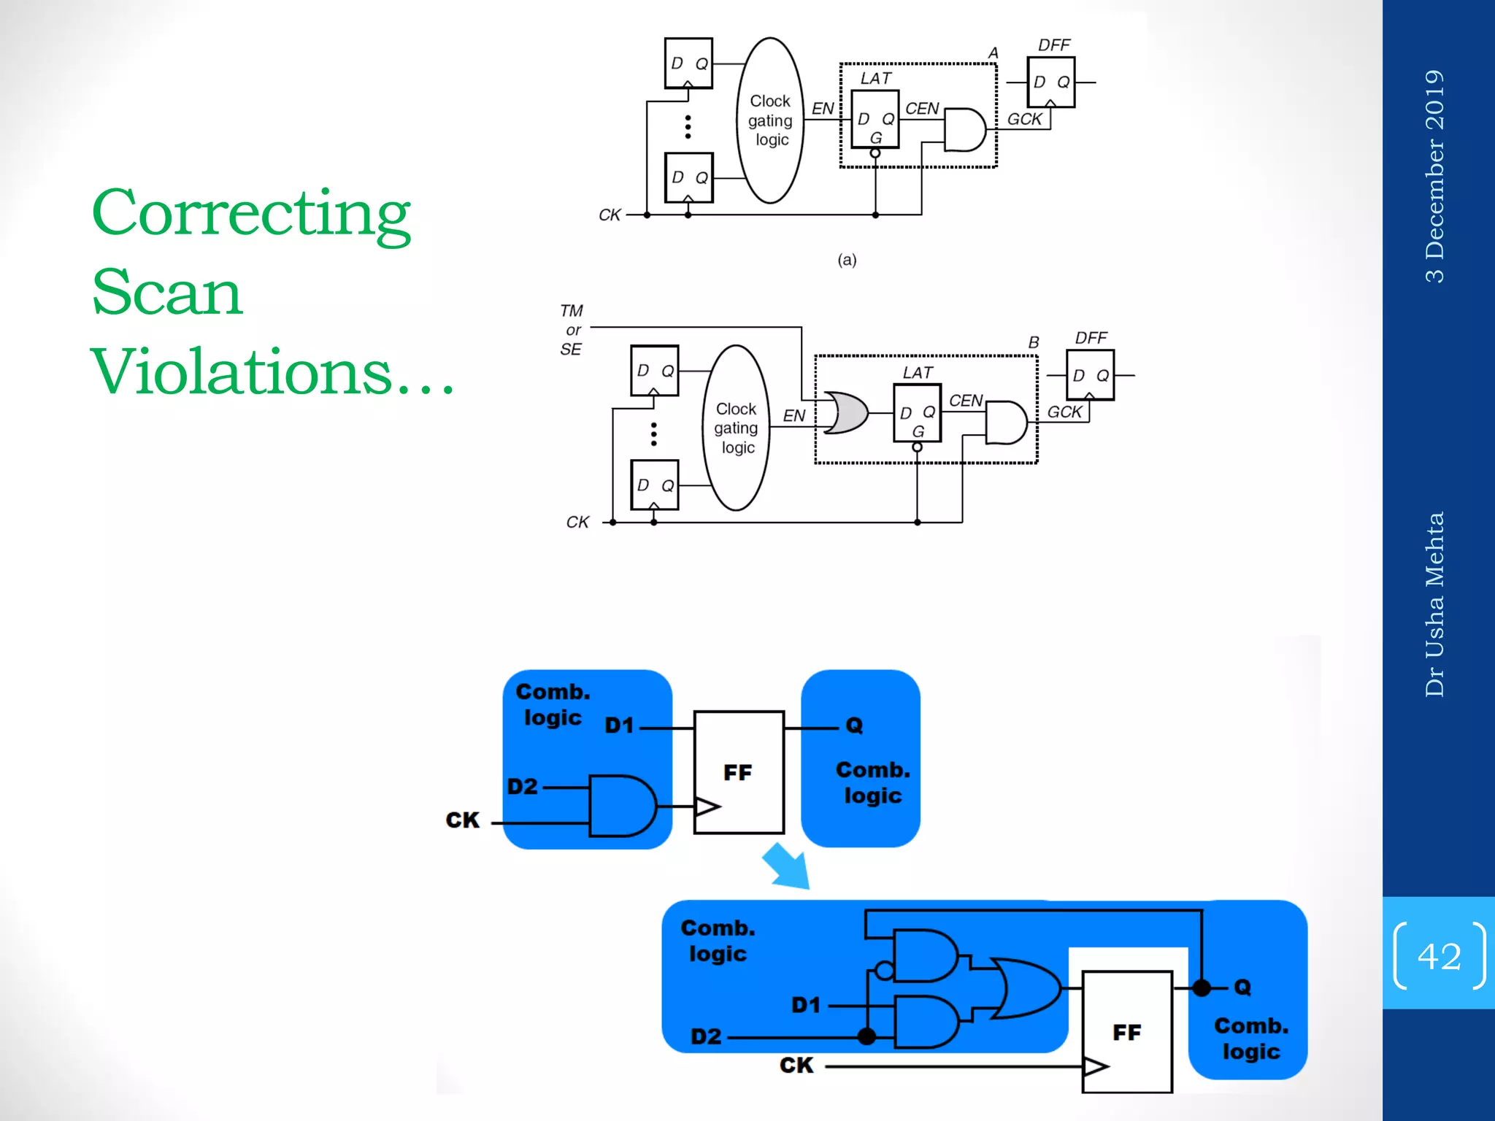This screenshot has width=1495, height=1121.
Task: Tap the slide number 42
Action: pos(1439,955)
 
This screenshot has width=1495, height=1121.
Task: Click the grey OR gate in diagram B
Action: pos(845,412)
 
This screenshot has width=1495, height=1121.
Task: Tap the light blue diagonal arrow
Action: pos(787,866)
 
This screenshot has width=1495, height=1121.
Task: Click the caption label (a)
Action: pos(847,260)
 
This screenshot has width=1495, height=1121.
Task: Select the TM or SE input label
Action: pos(572,330)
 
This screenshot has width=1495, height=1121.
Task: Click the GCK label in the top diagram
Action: pos(1024,119)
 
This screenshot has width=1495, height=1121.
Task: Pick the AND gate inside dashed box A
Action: pos(964,130)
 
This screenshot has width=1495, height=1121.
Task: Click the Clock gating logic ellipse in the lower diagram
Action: pos(737,428)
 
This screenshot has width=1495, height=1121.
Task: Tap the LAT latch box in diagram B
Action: pos(917,413)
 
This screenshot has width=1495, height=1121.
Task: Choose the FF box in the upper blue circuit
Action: pos(739,772)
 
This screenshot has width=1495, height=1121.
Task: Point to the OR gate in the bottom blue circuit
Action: pos(1025,988)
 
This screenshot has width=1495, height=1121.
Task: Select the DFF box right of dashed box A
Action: pos(1050,82)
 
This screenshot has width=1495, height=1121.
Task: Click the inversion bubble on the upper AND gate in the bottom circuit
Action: pos(884,971)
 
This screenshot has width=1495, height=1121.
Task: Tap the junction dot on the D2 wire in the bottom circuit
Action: pos(866,1036)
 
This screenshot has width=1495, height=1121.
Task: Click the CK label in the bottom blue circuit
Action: pos(796,1066)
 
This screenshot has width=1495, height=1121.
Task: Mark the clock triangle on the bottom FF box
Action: pos(1095,1067)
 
